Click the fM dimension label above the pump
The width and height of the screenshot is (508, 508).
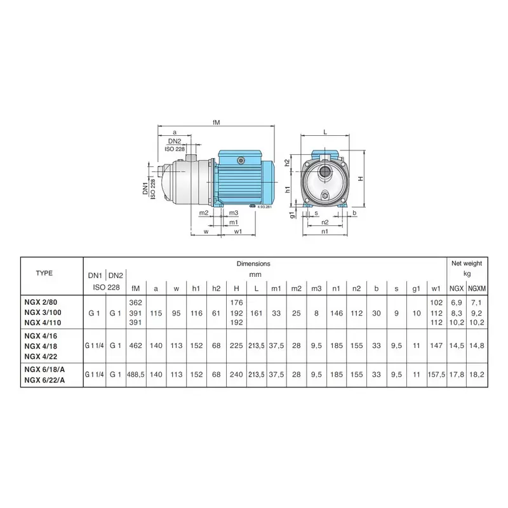click(216, 122)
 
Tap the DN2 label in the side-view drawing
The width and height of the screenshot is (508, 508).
click(174, 141)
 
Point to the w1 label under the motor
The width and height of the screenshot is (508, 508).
click(237, 231)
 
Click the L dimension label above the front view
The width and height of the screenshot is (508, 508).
click(325, 132)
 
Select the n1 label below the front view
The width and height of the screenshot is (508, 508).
click(324, 231)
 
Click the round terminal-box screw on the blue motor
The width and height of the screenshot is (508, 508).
click(241, 160)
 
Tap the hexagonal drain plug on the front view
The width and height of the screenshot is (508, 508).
click(325, 196)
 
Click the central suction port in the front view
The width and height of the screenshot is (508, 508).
click(324, 171)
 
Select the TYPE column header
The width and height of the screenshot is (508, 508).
click(44, 273)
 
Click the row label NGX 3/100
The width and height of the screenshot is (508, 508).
click(43, 312)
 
